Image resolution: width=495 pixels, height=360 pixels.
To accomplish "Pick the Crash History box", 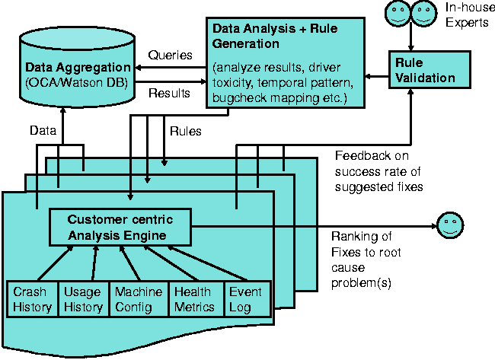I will [32, 299].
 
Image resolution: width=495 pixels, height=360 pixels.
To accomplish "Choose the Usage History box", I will [83, 299].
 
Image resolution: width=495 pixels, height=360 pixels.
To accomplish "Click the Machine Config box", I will [138, 299].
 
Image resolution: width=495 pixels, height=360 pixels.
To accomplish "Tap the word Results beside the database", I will [168, 94].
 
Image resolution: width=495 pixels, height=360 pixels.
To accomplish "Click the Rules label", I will [185, 131].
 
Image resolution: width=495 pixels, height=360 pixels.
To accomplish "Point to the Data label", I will [43, 131].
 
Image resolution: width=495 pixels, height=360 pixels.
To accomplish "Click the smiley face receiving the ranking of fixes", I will [450, 227].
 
